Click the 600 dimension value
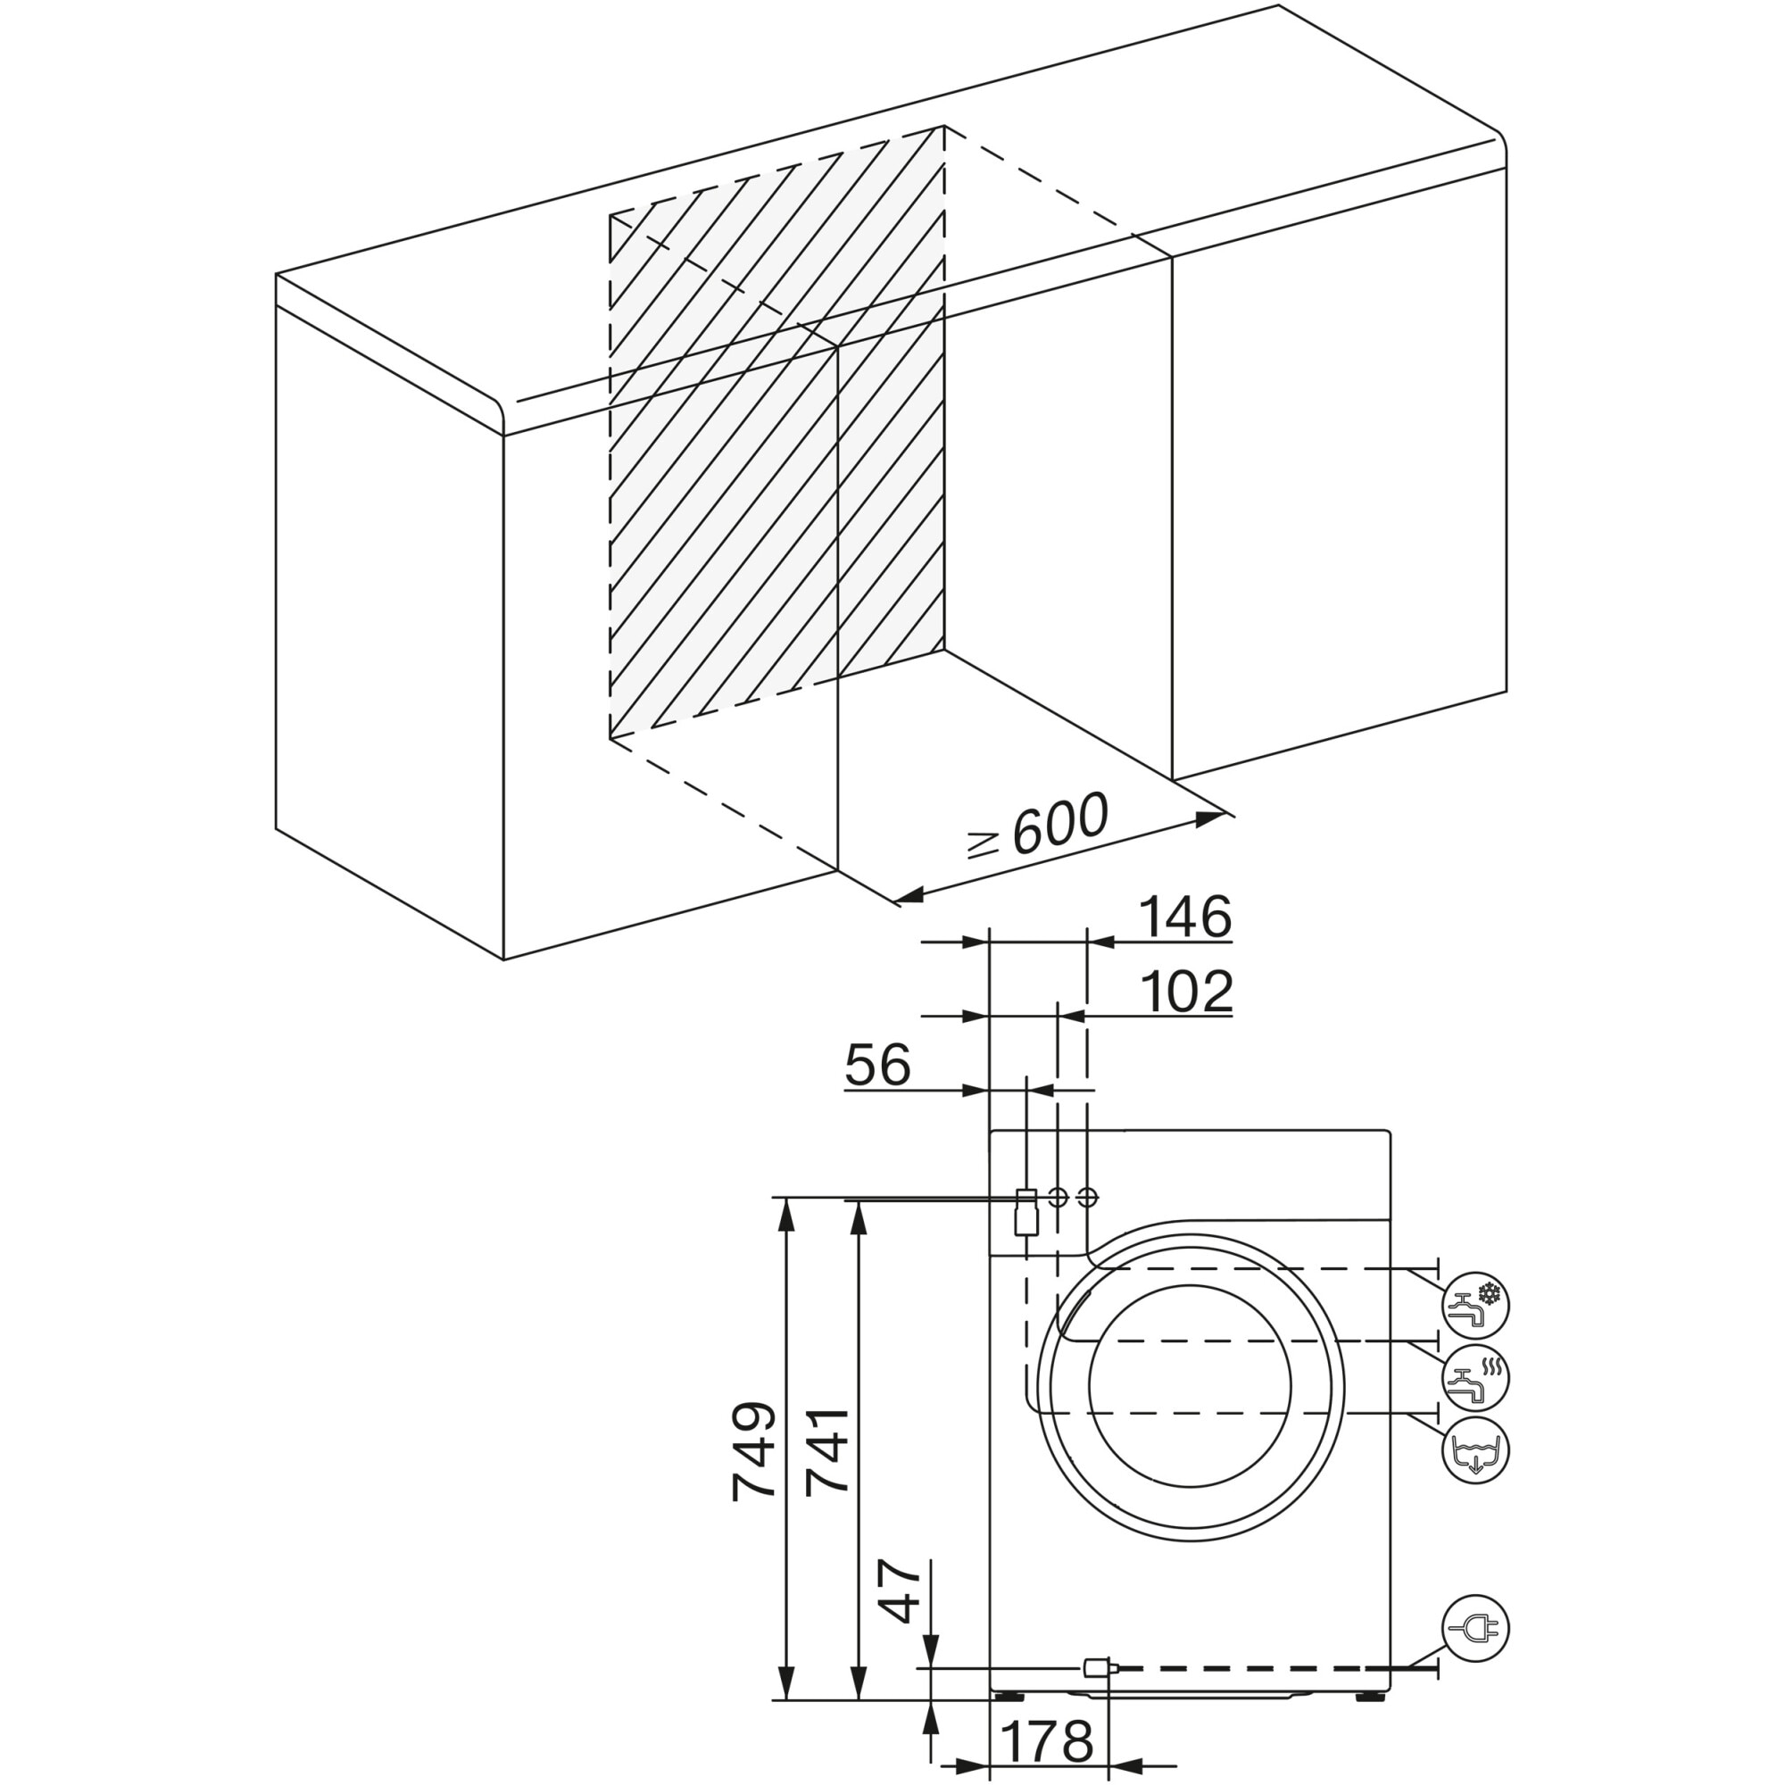click(1059, 823)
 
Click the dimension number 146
click(1185, 917)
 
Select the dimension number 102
click(1187, 992)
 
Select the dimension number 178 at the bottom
click(1047, 1742)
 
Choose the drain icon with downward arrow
click(1475, 1450)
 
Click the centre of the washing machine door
click(1190, 1386)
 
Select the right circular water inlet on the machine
click(1087, 1198)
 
